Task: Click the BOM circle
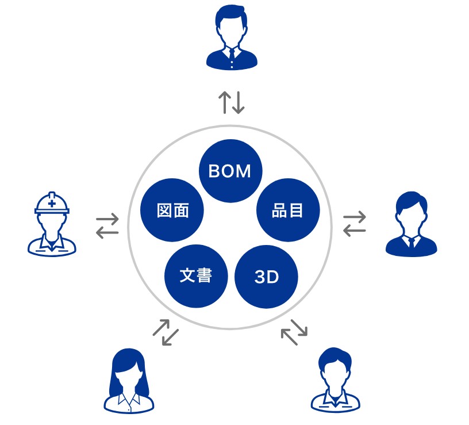point(230,171)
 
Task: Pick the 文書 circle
point(196,276)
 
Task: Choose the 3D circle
point(266,277)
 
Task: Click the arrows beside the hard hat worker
point(107,225)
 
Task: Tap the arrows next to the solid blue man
point(354,224)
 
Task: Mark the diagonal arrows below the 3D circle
point(294,332)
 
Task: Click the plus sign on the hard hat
point(52,201)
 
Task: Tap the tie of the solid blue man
point(412,242)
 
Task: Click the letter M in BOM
point(245,171)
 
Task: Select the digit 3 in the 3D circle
point(259,277)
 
